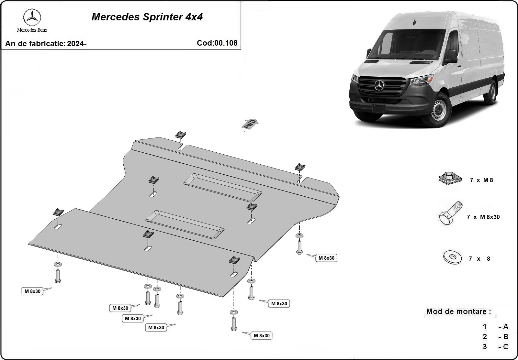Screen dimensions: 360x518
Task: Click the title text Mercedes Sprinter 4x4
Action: coord(147,17)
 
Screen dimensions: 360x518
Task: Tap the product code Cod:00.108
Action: coord(217,43)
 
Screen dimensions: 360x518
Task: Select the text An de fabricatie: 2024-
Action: coord(46,44)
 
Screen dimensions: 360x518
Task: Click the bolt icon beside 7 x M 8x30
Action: coord(450,213)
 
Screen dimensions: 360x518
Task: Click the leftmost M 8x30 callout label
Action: coord(33,291)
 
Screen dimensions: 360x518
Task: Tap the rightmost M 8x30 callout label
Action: coord(326,258)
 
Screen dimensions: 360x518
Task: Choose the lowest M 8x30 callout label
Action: coord(262,335)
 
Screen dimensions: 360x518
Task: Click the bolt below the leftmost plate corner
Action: coord(58,276)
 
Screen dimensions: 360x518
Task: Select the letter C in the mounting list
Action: coord(505,347)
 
